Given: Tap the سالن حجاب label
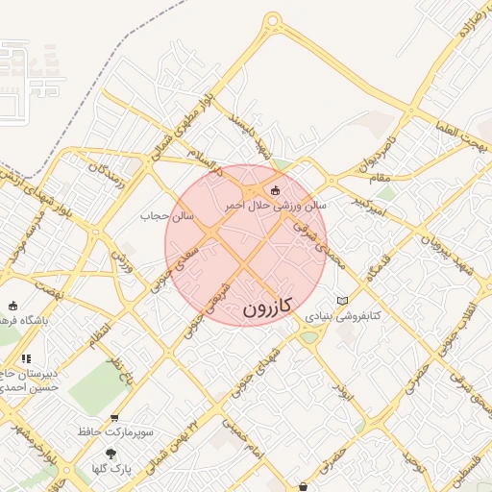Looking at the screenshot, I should click(168, 216).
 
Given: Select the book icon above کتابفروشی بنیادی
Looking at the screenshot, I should click(343, 301).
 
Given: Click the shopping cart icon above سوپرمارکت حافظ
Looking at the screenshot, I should click(114, 418).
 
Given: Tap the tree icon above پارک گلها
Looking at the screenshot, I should click(111, 453).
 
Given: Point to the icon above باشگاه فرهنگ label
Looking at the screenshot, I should click(12, 307).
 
